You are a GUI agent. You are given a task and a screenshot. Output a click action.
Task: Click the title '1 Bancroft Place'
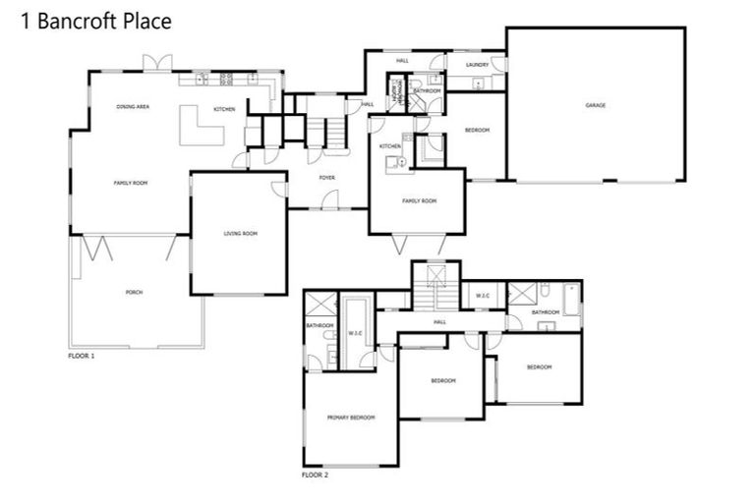(95, 21)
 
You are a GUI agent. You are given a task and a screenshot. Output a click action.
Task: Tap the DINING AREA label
(133, 105)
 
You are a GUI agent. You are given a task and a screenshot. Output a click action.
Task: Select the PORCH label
(134, 293)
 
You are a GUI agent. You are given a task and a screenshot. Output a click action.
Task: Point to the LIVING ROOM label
(240, 233)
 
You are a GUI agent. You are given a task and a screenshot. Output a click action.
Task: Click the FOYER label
(327, 178)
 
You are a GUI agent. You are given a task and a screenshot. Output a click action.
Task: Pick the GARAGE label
(595, 105)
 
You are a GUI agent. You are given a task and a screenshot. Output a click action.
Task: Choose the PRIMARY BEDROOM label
(351, 418)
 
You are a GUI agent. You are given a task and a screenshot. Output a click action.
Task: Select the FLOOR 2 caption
(315, 475)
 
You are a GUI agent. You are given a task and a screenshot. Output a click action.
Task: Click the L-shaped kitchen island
(198, 127)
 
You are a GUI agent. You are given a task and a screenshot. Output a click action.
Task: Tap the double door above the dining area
(157, 64)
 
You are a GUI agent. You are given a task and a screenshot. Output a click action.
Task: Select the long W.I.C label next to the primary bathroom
(356, 333)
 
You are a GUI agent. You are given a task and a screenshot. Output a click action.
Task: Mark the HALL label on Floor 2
(439, 321)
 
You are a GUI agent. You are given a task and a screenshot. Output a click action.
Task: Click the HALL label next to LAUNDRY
(402, 61)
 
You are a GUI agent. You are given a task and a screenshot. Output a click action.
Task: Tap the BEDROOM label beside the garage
(477, 131)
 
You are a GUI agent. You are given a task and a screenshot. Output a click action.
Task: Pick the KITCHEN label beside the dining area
(224, 109)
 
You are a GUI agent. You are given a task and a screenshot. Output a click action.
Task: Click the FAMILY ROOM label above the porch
(130, 183)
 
